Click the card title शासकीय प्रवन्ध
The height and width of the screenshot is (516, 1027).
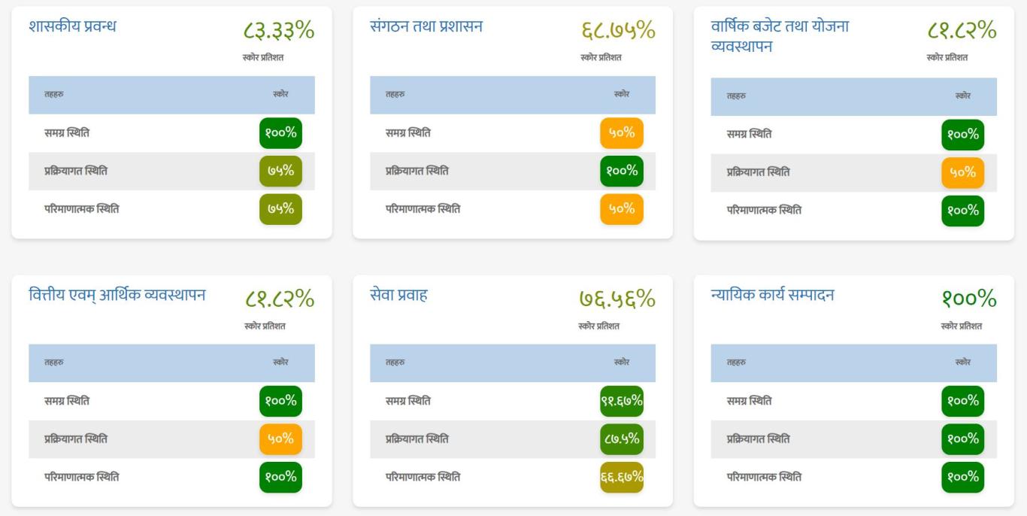point(72,26)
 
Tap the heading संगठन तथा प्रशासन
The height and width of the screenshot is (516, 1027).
point(426,26)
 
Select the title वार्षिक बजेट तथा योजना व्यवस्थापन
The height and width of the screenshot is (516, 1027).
point(780,36)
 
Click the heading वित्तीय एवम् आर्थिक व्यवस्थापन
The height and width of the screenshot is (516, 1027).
point(117,295)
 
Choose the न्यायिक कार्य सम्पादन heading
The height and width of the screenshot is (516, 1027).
point(772,295)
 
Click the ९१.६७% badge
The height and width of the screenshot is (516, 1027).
point(622,401)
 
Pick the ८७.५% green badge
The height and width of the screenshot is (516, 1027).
point(622,439)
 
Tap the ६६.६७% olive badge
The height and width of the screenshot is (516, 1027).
point(622,477)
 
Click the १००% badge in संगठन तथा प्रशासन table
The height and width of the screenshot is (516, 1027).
point(622,171)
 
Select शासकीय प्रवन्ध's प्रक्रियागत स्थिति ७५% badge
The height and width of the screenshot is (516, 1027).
point(280,171)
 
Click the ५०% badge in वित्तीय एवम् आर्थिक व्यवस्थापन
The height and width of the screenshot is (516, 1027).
point(280,439)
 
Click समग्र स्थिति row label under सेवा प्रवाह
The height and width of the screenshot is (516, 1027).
point(408,401)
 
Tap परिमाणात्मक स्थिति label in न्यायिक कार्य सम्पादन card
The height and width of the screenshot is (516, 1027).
point(764,477)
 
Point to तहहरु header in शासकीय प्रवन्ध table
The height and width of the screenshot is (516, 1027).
point(54,95)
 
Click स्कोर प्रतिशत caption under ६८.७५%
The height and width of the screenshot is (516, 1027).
point(601,57)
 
